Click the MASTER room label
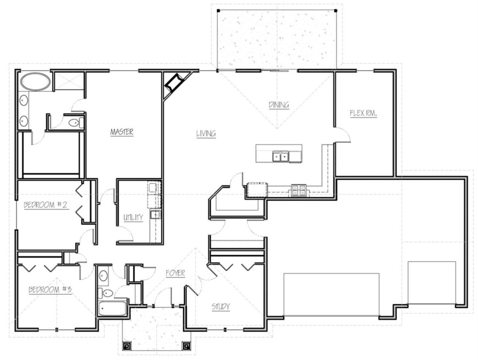click(x=122, y=132)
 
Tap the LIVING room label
click(x=206, y=133)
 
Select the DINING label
click(x=279, y=104)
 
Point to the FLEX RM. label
click(x=364, y=113)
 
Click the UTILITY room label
click(x=133, y=217)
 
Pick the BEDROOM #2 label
click(x=45, y=205)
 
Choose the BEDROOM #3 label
click(x=50, y=289)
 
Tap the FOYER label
click(x=175, y=273)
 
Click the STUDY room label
click(x=221, y=306)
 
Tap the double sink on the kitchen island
click(x=280, y=156)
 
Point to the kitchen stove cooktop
click(x=299, y=190)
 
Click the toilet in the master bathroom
click(x=76, y=123)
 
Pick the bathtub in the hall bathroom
click(x=112, y=308)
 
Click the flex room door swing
click(x=343, y=135)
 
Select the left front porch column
click(x=126, y=346)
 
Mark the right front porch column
click(x=187, y=346)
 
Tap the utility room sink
click(x=155, y=214)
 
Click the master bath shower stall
click(x=69, y=81)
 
